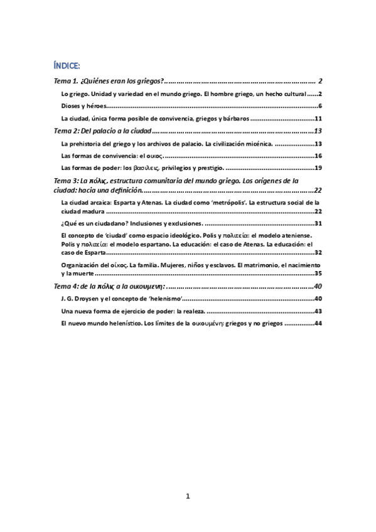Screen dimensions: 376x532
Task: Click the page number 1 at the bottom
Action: (188, 496)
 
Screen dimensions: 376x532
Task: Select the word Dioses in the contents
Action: (71, 106)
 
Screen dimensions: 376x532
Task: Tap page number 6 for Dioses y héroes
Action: (320, 106)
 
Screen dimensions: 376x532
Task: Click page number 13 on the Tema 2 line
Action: (318, 131)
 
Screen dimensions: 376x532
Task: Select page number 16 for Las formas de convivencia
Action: (318, 156)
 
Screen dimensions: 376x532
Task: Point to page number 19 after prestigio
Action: (318, 168)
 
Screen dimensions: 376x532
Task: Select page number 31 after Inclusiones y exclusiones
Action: (318, 223)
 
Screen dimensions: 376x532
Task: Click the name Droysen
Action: (84, 299)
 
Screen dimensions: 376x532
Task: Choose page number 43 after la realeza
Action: (318, 311)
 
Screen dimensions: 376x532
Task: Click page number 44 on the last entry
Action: (318, 324)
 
